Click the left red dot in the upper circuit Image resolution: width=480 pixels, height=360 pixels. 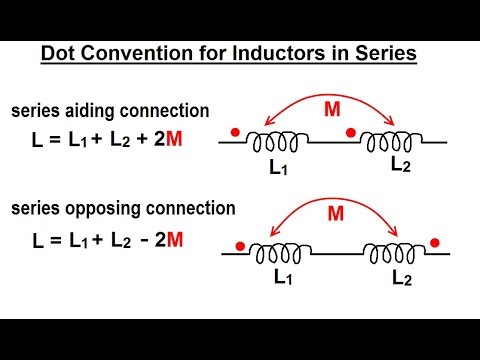coord(233,131)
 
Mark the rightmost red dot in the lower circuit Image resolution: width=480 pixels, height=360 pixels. coord(435,241)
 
